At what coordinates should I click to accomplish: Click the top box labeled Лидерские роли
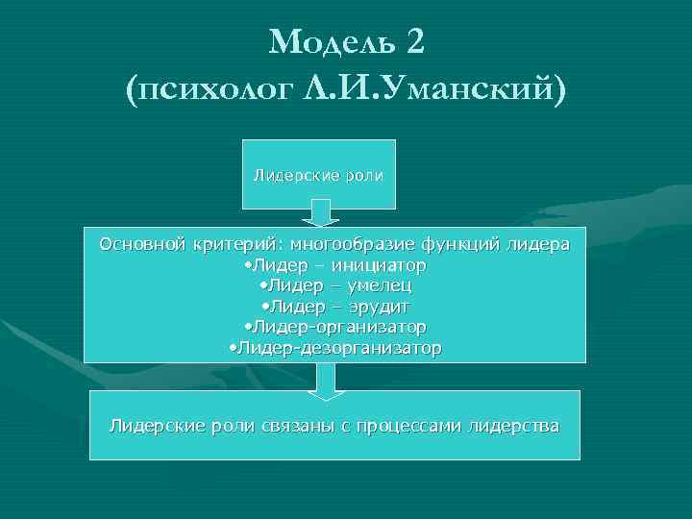click(317, 175)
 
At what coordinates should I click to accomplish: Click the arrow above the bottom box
click(327, 381)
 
